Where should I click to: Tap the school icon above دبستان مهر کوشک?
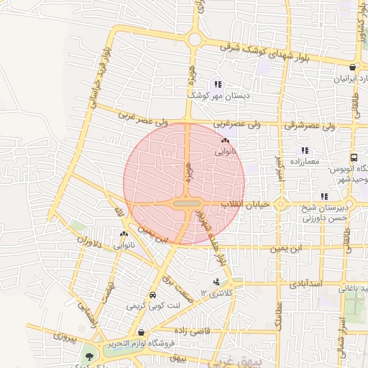click(x=218, y=84)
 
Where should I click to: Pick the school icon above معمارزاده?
click(x=305, y=151)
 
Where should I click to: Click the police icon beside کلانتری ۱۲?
click(x=216, y=282)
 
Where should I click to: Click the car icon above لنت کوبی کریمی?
click(x=152, y=295)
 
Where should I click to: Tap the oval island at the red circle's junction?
click(x=187, y=205)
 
